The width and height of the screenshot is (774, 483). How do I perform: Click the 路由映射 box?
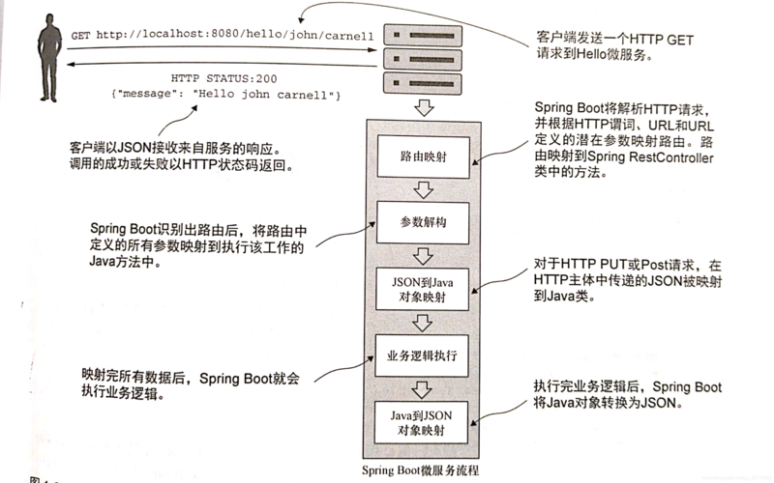pos(423,156)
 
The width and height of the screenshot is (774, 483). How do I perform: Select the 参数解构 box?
pos(423,222)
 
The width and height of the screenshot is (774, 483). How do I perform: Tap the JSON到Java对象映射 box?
pos(422,289)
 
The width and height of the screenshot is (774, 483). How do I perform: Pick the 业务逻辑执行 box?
pos(422,355)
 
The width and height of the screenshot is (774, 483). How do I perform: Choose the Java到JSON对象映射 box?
pos(421,422)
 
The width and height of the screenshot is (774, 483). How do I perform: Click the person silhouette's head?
pos(50,20)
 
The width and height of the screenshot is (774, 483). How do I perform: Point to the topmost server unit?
pos(423,36)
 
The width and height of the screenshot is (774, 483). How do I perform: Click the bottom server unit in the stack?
pos(423,83)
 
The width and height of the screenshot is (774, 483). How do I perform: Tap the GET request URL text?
pos(223,35)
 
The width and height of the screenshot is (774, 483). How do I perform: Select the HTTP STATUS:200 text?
pos(224,78)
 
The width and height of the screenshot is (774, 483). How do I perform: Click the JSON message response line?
pos(226,94)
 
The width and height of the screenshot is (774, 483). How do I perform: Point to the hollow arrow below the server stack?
pos(423,107)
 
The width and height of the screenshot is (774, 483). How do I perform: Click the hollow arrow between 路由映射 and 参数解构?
pos(423,189)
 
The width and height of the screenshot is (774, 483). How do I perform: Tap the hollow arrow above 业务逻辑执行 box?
pos(422,323)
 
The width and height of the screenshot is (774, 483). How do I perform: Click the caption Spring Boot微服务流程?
pos(420,469)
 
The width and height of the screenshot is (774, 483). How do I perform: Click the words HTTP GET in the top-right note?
pos(662,40)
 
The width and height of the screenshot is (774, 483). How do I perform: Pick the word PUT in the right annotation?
pos(613,265)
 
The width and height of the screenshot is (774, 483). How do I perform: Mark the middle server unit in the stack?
pos(423,59)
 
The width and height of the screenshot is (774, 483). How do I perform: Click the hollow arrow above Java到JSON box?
pos(422,389)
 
